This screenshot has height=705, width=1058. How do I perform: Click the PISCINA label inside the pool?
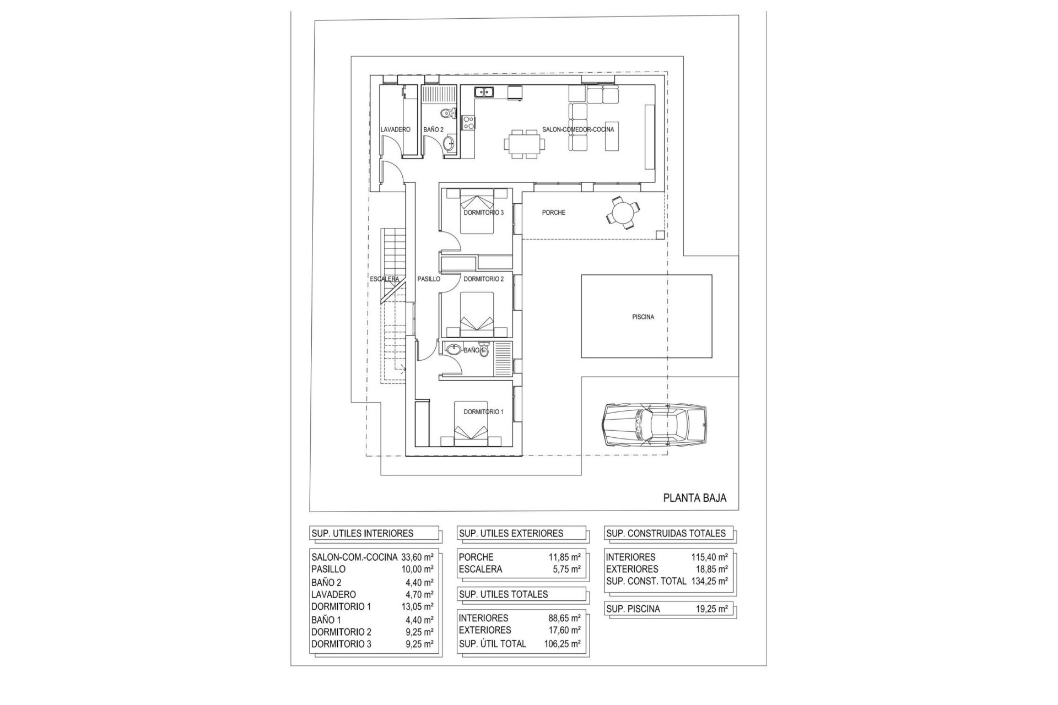point(643,317)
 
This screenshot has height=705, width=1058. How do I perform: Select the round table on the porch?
point(623,212)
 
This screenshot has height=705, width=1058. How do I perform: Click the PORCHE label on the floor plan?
point(553,213)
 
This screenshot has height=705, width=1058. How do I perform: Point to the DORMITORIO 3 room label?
point(483,213)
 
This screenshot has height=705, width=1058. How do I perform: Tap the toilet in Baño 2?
point(448,114)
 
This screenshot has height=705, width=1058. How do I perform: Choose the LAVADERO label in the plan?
point(395,130)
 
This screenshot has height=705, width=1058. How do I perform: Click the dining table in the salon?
point(524,144)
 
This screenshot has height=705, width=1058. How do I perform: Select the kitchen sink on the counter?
point(100,92)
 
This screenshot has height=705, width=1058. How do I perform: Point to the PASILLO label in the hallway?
point(428,279)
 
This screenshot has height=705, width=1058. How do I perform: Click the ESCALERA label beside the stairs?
point(385,279)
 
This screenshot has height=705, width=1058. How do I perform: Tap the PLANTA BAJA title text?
point(694,498)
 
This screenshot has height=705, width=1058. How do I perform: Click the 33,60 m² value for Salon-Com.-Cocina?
point(416,557)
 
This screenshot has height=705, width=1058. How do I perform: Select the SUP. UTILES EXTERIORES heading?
point(511,533)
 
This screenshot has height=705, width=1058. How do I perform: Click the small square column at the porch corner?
point(660,235)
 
